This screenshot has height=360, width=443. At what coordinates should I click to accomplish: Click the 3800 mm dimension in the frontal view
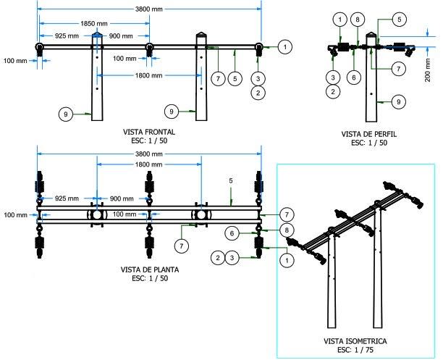(x=149, y=9)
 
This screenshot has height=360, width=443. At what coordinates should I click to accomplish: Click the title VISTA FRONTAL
(x=150, y=132)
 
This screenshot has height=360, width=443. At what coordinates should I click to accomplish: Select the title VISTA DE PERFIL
(x=369, y=135)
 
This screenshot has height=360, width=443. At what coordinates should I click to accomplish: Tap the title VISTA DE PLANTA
(x=150, y=269)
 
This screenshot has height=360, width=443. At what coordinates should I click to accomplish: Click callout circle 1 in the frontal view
(x=287, y=46)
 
